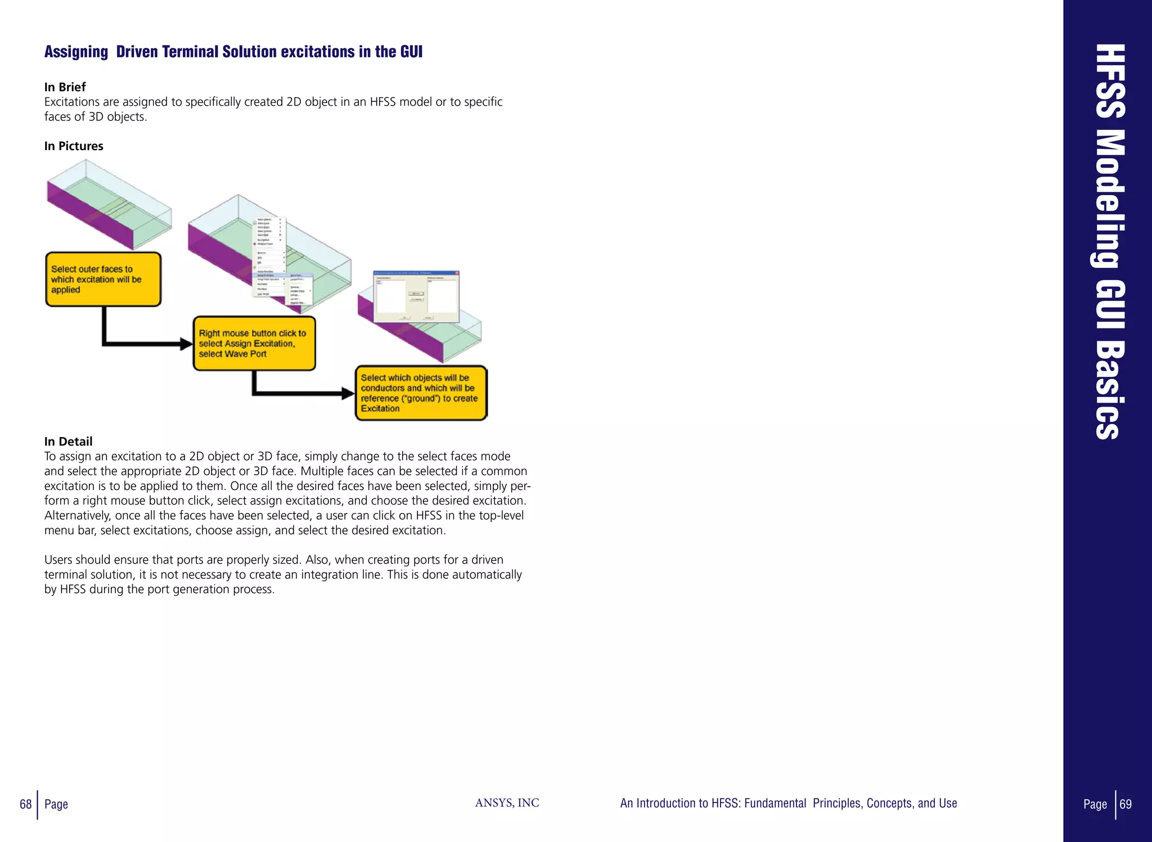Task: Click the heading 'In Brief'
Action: (x=65, y=87)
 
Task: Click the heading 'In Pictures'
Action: (x=74, y=146)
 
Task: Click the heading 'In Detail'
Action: (x=68, y=442)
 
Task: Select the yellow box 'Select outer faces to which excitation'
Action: (x=103, y=280)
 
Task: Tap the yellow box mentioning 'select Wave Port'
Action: (x=254, y=344)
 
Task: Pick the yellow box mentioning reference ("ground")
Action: (x=420, y=393)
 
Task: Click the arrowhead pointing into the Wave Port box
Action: (x=186, y=344)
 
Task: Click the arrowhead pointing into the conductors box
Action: (x=348, y=393)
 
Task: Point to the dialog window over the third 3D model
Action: (x=416, y=296)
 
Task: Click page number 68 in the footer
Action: (x=25, y=804)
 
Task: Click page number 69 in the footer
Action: (x=1126, y=804)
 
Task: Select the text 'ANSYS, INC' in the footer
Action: (x=507, y=803)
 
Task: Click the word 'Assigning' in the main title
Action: (x=76, y=52)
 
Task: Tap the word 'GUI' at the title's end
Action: (x=411, y=52)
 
